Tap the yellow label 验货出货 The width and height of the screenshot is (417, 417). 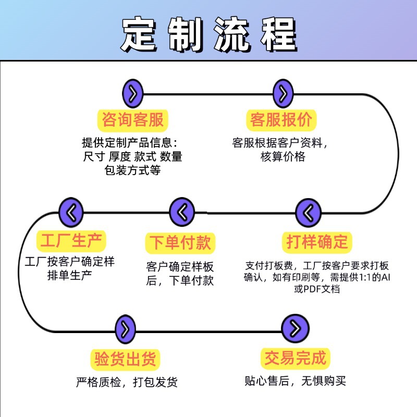pyautogui.click(x=125, y=359)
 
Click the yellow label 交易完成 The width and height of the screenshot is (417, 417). pyautogui.click(x=295, y=359)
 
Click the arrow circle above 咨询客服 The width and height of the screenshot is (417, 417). pyautogui.click(x=133, y=94)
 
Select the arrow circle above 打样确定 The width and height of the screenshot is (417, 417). pyautogui.click(x=308, y=212)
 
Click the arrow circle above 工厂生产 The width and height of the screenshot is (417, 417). pyautogui.click(x=71, y=212)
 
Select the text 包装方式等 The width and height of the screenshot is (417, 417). pyautogui.click(x=132, y=170)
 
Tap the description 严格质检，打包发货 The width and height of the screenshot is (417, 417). pyautogui.click(x=127, y=382)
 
